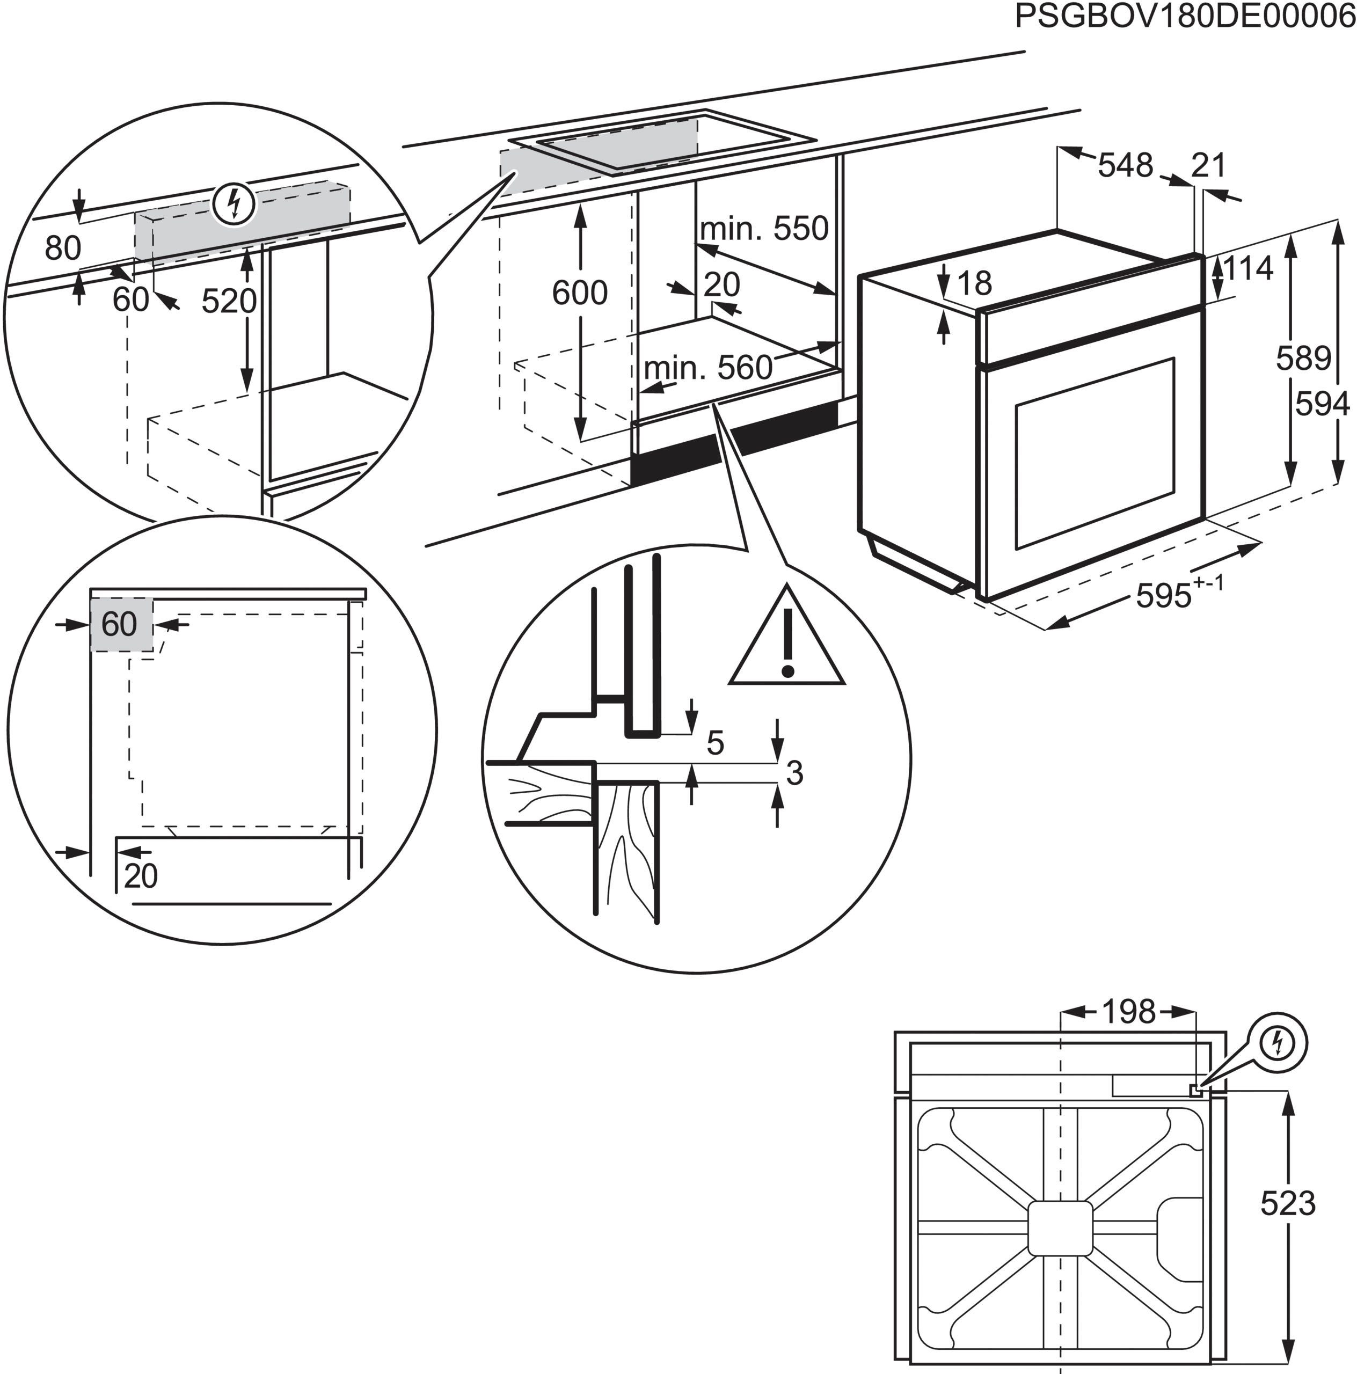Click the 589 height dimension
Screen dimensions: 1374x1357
(x=1302, y=359)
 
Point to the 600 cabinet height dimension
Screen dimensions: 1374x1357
(x=580, y=293)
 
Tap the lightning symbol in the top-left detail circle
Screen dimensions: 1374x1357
(x=234, y=204)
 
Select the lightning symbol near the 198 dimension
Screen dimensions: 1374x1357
(x=1278, y=1044)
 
